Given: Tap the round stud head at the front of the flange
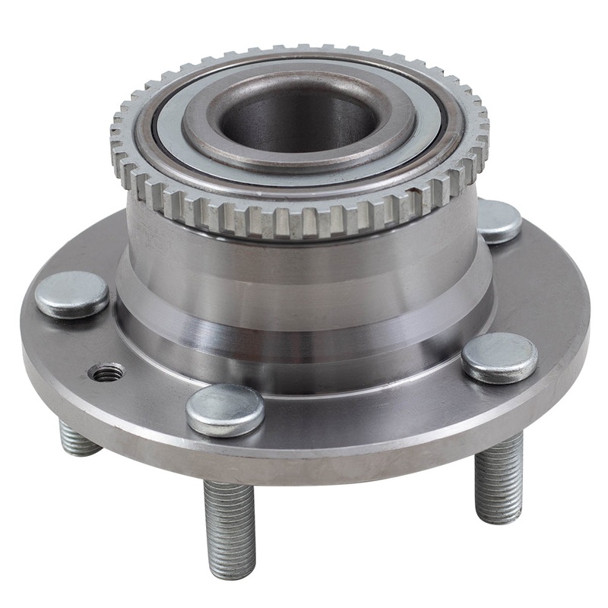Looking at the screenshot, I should pyautogui.click(x=225, y=409).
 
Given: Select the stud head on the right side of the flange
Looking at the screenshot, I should pyautogui.click(x=499, y=357).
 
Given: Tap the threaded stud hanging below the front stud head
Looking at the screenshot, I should pyautogui.click(x=228, y=524).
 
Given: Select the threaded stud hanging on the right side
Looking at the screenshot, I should pyautogui.click(x=499, y=475).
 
